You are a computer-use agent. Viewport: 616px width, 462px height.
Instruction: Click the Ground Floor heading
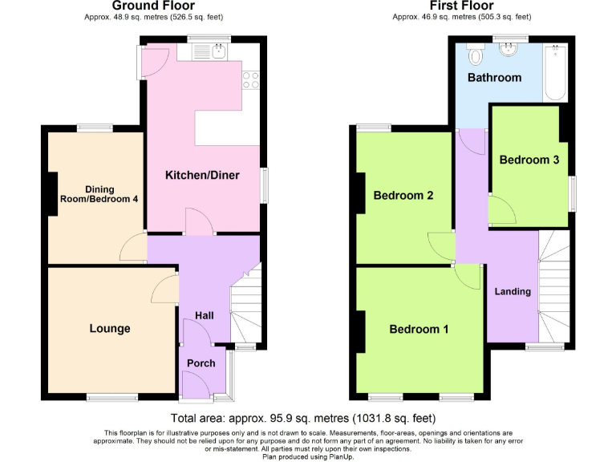pyautogui.click(x=152, y=6)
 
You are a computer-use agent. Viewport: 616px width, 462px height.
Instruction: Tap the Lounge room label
pyautogui.click(x=110, y=329)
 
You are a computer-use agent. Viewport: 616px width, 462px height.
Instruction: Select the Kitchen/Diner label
pyautogui.click(x=202, y=175)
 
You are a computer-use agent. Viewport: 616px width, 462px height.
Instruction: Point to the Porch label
pyautogui.click(x=201, y=363)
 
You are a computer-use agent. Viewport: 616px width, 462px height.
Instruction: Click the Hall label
pyautogui.click(x=205, y=316)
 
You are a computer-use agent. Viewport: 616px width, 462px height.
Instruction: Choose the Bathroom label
pyautogui.click(x=495, y=78)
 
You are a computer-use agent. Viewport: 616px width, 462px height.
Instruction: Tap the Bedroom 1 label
pyautogui.click(x=419, y=330)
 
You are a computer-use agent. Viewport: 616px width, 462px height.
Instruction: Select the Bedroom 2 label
pyautogui.click(x=403, y=196)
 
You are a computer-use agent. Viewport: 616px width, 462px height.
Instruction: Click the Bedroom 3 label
pyautogui.click(x=529, y=160)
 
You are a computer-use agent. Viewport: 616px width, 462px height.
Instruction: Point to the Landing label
pyautogui.click(x=513, y=291)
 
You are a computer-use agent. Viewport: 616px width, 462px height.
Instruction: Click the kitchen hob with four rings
pyautogui.click(x=250, y=79)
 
